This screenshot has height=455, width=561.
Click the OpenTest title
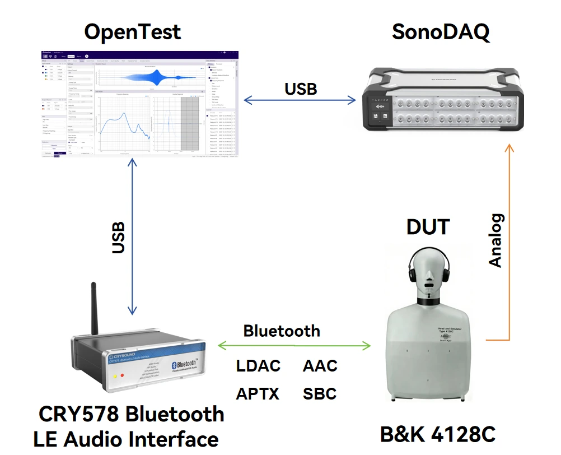(133, 32)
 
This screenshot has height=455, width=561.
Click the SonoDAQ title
(441, 32)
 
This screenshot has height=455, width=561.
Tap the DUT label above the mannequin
(428, 227)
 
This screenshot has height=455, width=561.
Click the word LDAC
(258, 366)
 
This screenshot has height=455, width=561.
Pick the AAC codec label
(320, 366)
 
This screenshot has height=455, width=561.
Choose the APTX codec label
(258, 394)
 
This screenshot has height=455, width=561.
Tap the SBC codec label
(320, 394)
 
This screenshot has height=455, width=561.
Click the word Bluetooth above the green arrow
(282, 331)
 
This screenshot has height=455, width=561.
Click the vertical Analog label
(495, 240)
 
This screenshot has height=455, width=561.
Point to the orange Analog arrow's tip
(509, 147)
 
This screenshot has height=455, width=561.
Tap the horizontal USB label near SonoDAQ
(301, 89)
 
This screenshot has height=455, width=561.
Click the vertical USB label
(118, 238)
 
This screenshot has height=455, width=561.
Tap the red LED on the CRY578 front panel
(122, 375)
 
